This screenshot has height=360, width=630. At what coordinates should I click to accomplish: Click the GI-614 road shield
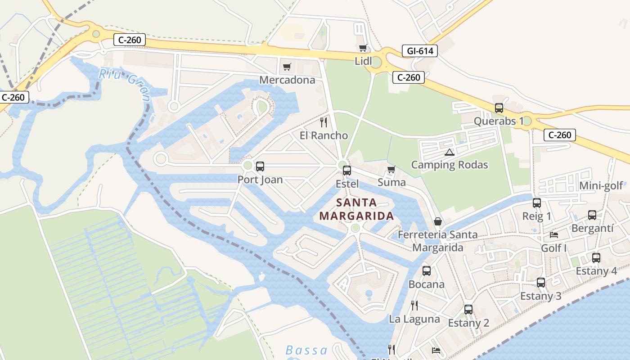420,51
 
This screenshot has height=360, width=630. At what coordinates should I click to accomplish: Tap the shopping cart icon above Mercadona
287,67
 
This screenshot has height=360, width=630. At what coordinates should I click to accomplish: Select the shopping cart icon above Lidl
363,48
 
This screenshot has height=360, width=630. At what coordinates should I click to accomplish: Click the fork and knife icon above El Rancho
323,122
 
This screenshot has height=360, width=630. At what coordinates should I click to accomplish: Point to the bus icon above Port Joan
260,166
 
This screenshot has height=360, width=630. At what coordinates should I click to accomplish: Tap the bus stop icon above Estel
346,171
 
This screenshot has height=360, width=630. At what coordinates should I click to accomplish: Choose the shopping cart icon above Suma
391,170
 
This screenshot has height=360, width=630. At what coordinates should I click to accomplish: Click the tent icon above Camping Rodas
449,152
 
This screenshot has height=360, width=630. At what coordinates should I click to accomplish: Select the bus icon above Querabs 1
499,108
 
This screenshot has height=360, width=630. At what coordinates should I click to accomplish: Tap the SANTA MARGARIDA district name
356,209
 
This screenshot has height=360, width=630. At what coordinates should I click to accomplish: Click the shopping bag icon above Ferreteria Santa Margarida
437,222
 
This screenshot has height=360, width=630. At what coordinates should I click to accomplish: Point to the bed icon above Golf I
554,235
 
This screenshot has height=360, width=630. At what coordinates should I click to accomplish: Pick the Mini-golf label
601,186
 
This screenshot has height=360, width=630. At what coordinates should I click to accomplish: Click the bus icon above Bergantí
592,215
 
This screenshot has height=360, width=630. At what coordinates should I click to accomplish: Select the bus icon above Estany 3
541,283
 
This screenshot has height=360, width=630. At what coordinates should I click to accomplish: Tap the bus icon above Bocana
426,271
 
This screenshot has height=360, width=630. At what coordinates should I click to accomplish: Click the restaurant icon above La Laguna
414,306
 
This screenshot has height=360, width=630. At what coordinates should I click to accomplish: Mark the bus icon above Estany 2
468,310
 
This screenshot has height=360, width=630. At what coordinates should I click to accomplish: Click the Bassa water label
306,350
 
